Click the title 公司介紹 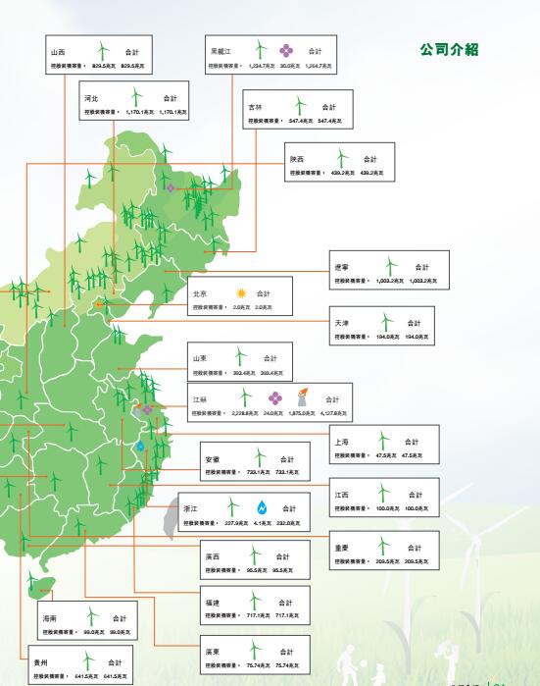[x=448, y=50]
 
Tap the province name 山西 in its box [x=58, y=50]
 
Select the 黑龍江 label [x=221, y=49]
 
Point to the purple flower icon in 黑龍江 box [x=286, y=50]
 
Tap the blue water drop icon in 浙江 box [x=262, y=508]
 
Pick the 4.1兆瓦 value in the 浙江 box [x=260, y=524]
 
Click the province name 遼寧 [x=342, y=266]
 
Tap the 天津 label [x=341, y=322]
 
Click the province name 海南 [x=49, y=618]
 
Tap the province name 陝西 [x=297, y=158]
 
